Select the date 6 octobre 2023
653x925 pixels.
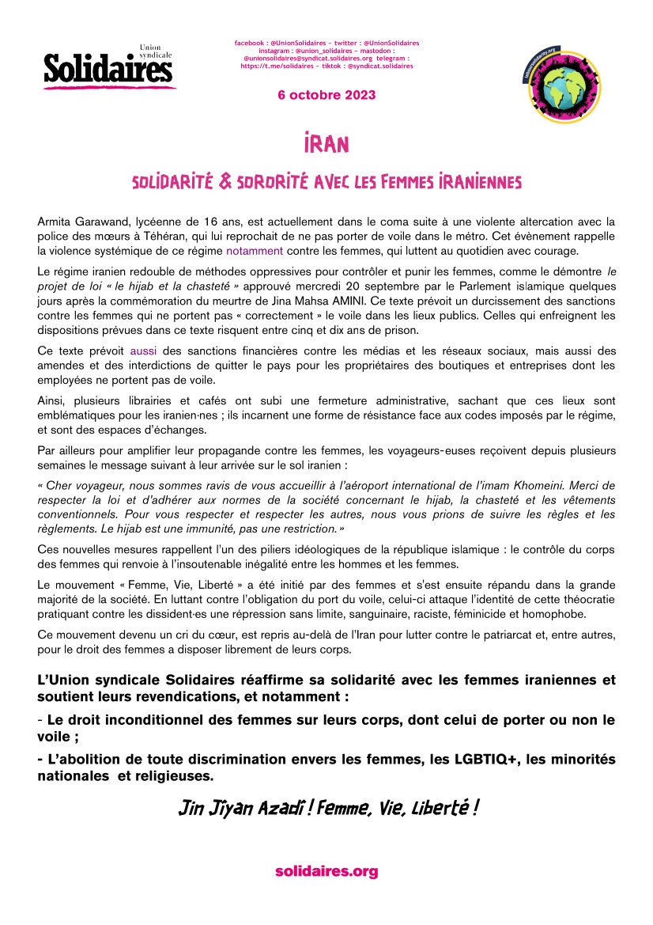[x=326, y=95]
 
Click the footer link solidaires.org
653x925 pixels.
[x=326, y=871]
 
